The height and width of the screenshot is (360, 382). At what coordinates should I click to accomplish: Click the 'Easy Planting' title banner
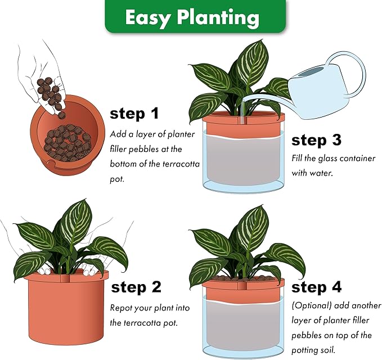[x=195, y=16]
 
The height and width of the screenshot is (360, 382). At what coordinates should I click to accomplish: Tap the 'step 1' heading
[x=134, y=114]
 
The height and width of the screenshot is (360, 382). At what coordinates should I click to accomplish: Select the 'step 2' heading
[x=136, y=287]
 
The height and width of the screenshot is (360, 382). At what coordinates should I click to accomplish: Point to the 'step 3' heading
[x=316, y=140]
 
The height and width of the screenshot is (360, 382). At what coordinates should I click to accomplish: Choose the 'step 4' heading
[x=316, y=287]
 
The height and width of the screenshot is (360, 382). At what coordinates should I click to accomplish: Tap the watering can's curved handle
[x=351, y=71]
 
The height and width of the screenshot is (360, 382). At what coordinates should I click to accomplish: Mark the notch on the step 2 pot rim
[x=65, y=278]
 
